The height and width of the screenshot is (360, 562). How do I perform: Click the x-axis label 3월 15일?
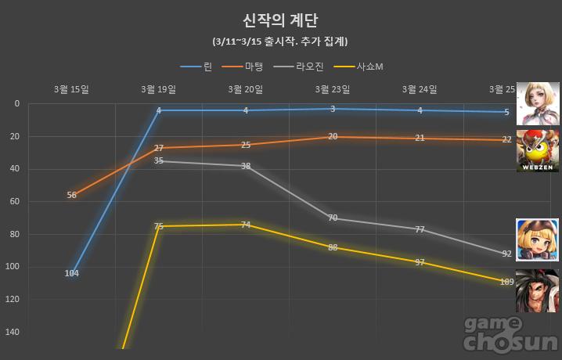click(x=72, y=89)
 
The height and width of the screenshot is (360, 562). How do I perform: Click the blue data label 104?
click(x=72, y=273)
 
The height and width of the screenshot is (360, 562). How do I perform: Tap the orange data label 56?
click(x=72, y=195)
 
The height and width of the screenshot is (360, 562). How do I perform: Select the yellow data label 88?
click(x=333, y=247)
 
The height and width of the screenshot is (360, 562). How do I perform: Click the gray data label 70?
click(x=333, y=218)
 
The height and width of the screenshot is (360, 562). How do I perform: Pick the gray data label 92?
click(x=506, y=254)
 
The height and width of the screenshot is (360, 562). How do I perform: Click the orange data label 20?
click(x=333, y=136)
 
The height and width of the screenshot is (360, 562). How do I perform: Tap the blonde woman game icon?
click(x=537, y=102)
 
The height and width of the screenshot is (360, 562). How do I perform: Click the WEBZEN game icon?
click(x=537, y=150)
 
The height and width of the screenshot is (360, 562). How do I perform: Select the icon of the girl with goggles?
click(x=537, y=239)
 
